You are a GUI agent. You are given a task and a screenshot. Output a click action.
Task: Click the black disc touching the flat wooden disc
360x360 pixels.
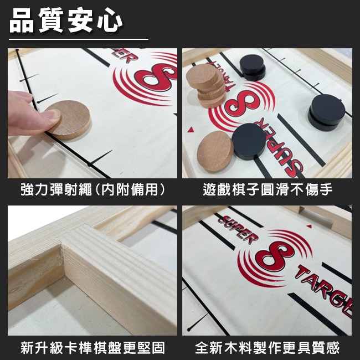pos(248,141)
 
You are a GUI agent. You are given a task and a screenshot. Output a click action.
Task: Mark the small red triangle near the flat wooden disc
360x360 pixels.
pos(192,130)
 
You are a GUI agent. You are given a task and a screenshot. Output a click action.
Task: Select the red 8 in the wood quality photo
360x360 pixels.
pos(271,253)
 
